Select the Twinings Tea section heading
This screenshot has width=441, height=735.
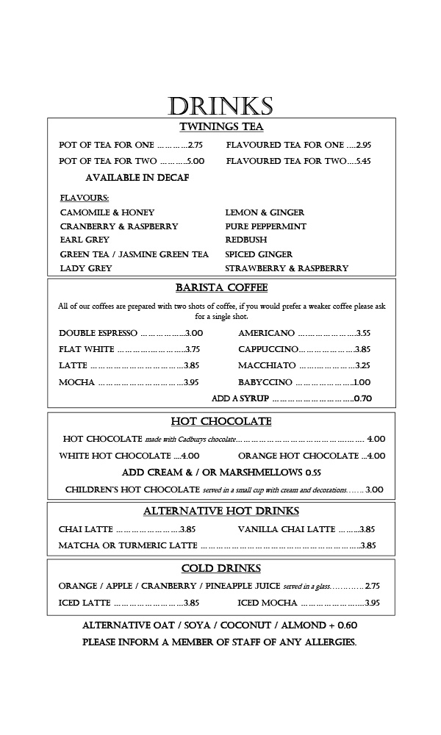[x=221, y=126]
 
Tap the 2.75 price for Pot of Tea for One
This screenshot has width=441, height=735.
[x=195, y=146]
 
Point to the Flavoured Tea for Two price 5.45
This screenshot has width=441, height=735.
[x=363, y=161]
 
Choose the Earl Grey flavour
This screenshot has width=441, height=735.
[x=85, y=240]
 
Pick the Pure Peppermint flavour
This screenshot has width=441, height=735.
[x=265, y=226]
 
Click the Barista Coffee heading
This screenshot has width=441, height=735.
[x=221, y=287]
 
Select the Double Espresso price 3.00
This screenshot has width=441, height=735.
[x=194, y=333]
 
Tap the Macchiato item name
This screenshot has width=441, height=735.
[x=267, y=365]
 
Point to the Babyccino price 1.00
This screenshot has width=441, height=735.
[x=362, y=382]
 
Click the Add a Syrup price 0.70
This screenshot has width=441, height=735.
[x=363, y=398]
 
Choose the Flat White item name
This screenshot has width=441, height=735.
[x=87, y=349]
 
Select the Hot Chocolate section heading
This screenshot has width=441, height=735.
[x=221, y=421]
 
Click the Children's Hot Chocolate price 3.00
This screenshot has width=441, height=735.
[x=374, y=490]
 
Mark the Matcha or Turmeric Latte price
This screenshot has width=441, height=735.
[x=368, y=545]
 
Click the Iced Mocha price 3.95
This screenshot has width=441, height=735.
[x=372, y=603]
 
